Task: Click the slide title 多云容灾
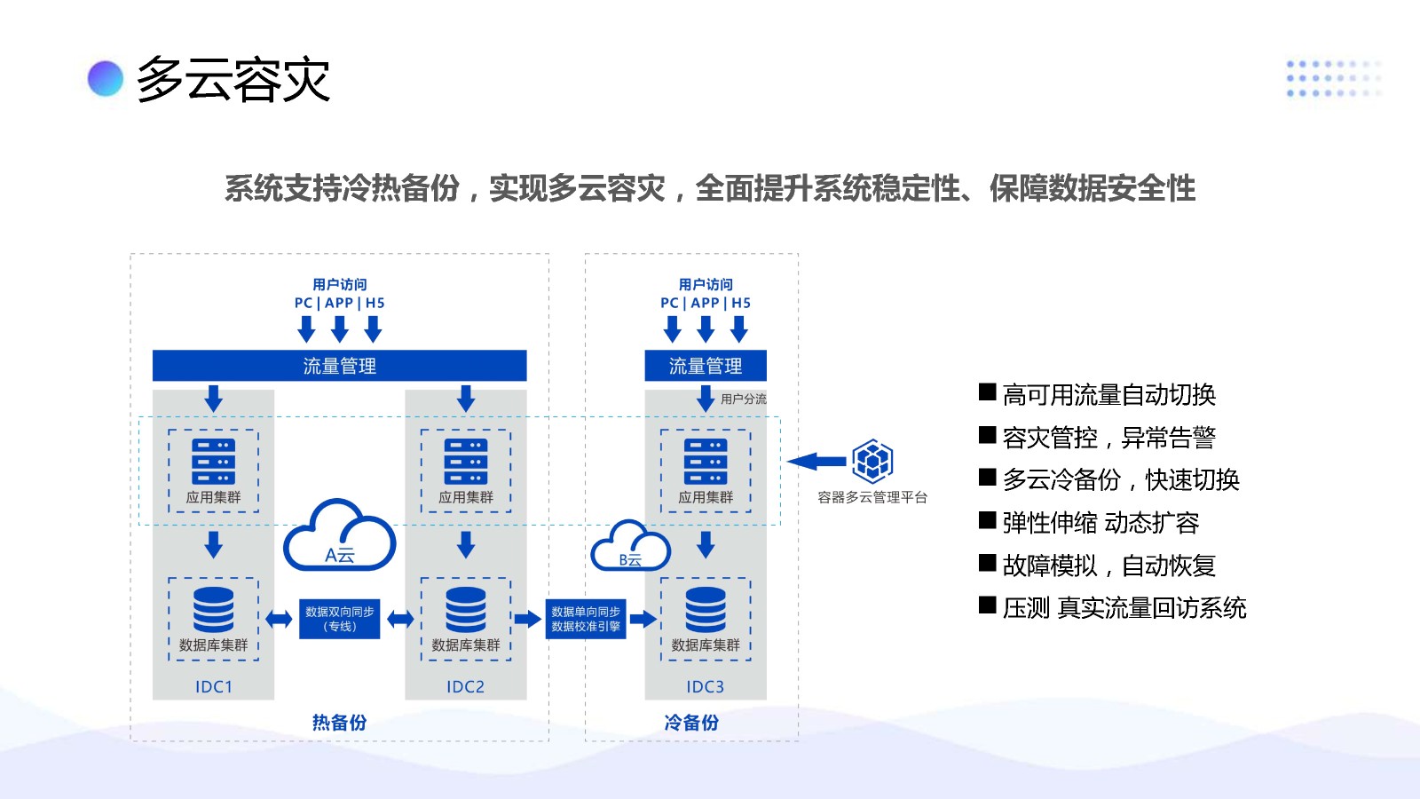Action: click(x=233, y=80)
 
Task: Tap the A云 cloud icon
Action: click(x=339, y=537)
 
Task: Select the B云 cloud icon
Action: click(x=630, y=547)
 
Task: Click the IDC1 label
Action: click(x=213, y=686)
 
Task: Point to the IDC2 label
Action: click(x=465, y=686)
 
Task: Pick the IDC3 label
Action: click(x=705, y=686)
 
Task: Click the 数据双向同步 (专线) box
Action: click(x=339, y=619)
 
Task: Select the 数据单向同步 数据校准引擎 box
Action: click(x=586, y=619)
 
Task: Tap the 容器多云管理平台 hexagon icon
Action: click(x=872, y=461)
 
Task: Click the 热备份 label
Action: click(x=339, y=723)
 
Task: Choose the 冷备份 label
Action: click(x=691, y=723)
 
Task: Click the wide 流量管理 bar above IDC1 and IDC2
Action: click(x=339, y=366)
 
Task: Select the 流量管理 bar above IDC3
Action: click(x=705, y=366)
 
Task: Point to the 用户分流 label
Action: click(x=744, y=399)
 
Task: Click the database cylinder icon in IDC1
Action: click(x=213, y=609)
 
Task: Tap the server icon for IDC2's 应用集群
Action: click(x=466, y=462)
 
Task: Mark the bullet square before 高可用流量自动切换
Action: click(x=987, y=392)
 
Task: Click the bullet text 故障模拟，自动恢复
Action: click(x=1108, y=566)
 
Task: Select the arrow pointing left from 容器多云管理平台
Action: click(x=816, y=462)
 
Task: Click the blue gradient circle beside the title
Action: click(x=105, y=78)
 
